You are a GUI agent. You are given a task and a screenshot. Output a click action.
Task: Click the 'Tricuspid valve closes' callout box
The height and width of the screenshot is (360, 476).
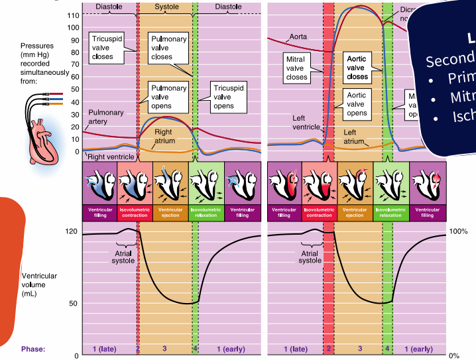pos(103,46)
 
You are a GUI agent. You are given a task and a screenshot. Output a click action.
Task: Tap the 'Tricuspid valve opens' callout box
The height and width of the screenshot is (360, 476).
pos(223,97)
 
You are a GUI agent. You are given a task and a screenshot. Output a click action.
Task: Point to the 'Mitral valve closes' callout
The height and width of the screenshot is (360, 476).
pos(296,68)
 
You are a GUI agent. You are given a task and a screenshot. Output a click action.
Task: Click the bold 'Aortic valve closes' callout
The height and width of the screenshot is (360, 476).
pos(357,68)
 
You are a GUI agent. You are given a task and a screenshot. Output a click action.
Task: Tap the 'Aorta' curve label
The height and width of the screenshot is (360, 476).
pos(298,36)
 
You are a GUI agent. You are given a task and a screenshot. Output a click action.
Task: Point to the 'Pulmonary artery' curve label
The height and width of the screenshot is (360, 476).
pos(105,117)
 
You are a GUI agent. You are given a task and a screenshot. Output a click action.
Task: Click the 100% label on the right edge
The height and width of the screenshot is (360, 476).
pos(459,231)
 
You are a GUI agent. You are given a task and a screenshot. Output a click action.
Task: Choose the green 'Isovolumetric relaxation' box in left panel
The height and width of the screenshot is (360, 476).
pos(206,212)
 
